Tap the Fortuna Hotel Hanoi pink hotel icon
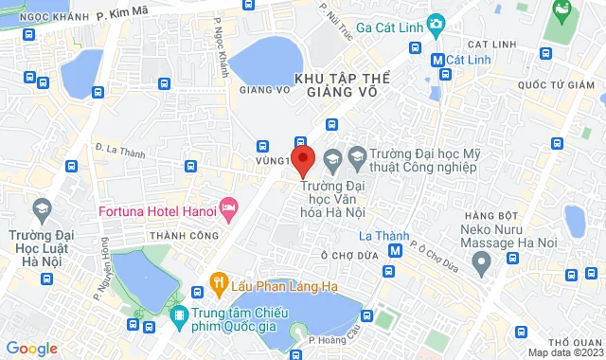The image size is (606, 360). click(x=228, y=206)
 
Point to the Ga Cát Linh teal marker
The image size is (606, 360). click(x=436, y=23)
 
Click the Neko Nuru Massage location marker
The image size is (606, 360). click(x=484, y=258)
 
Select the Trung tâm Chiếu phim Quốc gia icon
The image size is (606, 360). click(x=177, y=314)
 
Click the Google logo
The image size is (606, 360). click(x=31, y=348)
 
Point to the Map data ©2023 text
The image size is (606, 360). click(x=565, y=352)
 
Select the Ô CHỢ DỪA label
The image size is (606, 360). click(x=350, y=254)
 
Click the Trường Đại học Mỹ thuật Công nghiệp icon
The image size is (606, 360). click(x=358, y=154)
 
